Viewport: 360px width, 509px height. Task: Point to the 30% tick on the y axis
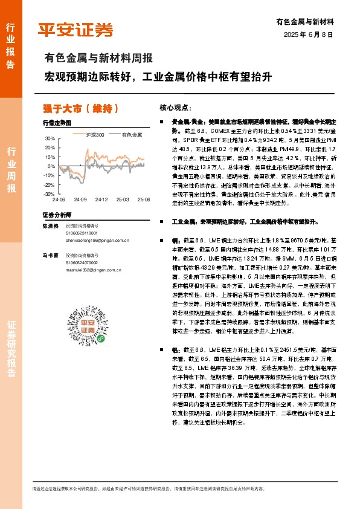[x=49, y=138]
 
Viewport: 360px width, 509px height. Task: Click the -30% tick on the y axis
[x=48, y=194]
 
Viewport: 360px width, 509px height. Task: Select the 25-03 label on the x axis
[x=123, y=199]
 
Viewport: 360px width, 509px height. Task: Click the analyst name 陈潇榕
[x=50, y=225]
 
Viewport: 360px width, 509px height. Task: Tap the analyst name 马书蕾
[x=50, y=256]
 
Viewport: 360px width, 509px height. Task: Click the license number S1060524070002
[x=86, y=263]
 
